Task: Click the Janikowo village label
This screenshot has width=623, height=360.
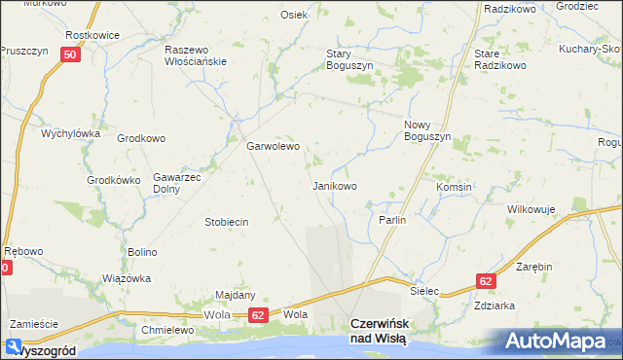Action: point(334,185)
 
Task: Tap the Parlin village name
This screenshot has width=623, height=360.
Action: point(391,221)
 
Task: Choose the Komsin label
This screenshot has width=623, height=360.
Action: point(454,187)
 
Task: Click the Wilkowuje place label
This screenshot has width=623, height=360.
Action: point(531,209)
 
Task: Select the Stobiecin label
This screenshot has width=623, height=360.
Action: point(226,222)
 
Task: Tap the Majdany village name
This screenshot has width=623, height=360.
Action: point(235,295)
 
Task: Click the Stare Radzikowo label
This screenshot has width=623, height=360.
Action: point(499,58)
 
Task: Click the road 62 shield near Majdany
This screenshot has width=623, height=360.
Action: point(257,315)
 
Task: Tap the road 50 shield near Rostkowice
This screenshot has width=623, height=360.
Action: point(68,55)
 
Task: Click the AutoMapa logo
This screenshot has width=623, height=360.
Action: point(562,341)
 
